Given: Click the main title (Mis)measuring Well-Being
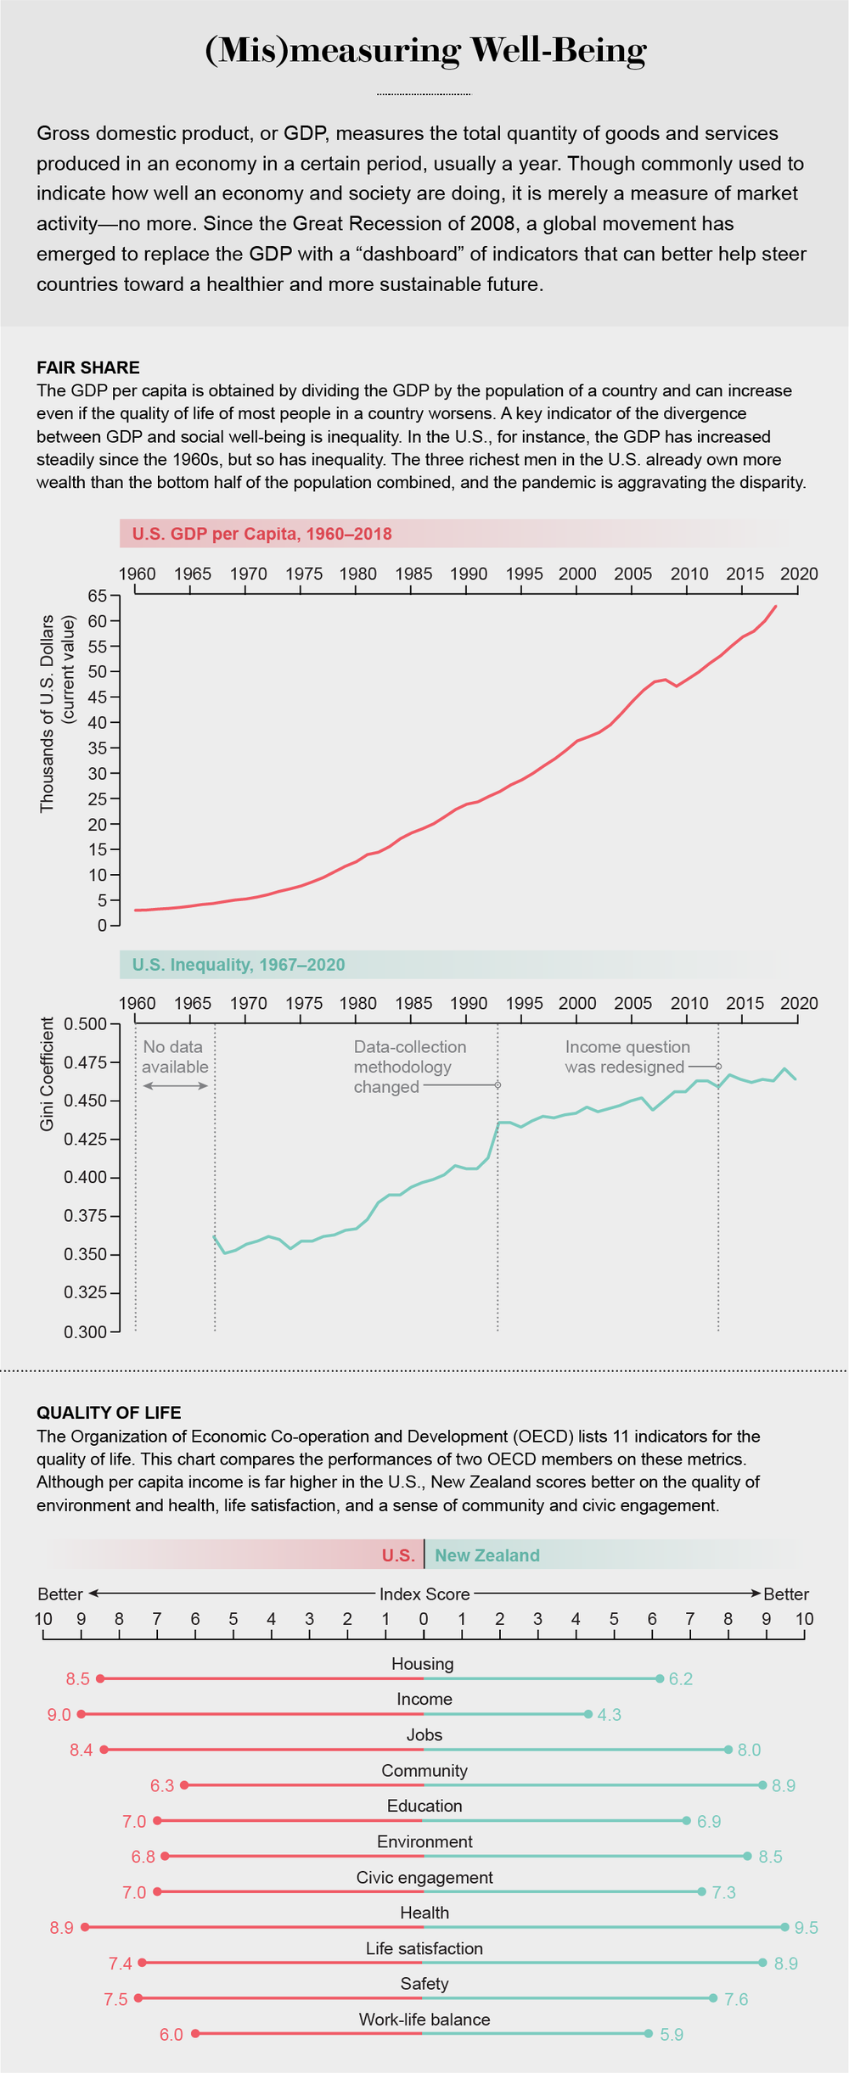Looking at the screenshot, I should (x=425, y=51).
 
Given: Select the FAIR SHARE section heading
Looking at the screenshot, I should (x=87, y=367).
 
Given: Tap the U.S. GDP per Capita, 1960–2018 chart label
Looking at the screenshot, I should (x=261, y=534).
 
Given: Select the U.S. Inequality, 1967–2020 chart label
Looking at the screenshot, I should (x=239, y=964).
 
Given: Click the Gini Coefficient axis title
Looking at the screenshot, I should (x=48, y=1074).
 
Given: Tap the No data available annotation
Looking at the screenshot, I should (x=175, y=1057).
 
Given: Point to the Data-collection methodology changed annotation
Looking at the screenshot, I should (x=409, y=1067).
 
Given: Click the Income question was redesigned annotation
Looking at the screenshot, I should (x=627, y=1057).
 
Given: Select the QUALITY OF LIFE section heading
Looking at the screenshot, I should (x=108, y=1413).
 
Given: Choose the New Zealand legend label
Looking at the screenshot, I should (x=487, y=1555).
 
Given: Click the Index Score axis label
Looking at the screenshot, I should (x=424, y=1594).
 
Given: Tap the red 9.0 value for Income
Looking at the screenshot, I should (x=59, y=1715).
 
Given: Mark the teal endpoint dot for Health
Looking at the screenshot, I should (x=784, y=1928).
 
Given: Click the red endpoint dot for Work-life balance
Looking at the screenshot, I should (x=195, y=2033).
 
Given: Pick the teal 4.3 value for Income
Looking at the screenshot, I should (x=609, y=1715).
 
